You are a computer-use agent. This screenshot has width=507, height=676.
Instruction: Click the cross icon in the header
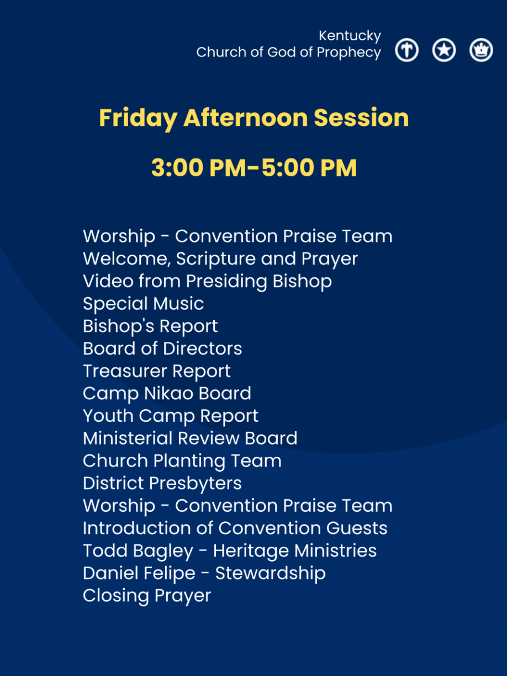pos(406,50)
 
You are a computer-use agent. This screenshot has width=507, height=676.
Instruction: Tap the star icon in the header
pos(443,50)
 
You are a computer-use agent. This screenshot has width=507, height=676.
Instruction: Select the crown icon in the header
pos(481,50)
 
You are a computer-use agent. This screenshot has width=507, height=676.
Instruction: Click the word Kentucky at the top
pos(350,36)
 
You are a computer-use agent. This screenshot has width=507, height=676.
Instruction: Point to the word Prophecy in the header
pos(349,52)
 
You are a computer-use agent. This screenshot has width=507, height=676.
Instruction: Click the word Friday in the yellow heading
pos(138,119)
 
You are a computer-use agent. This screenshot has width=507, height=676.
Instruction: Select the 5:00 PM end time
pos(309,168)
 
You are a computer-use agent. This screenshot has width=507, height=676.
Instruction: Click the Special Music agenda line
pos(144,304)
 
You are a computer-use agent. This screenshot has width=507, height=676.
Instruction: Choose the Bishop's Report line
pos(150,326)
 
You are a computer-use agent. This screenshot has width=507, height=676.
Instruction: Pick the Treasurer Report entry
pos(157,371)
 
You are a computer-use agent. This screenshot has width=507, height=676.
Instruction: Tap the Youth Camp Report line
pos(171,416)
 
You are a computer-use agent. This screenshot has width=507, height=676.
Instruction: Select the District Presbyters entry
pos(162,483)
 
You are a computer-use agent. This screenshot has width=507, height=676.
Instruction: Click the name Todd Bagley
pos(138,551)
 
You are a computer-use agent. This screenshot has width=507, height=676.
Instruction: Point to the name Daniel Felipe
pos(139,573)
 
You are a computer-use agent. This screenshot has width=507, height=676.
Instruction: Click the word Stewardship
pos(270,573)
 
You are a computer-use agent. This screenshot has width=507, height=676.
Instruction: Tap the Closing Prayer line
pos(147,596)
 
